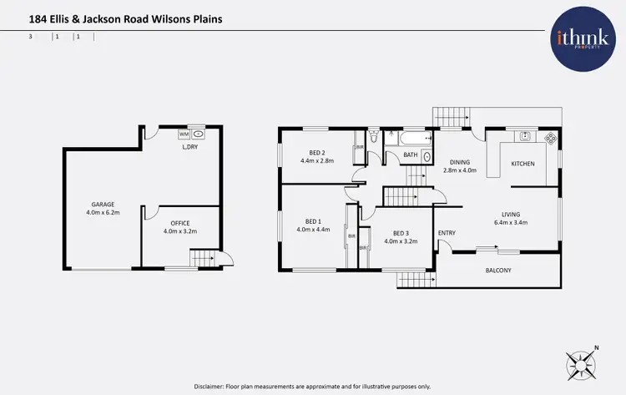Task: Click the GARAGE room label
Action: click(x=103, y=204)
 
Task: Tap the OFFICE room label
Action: click(x=180, y=223)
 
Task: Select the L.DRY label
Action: click(x=190, y=148)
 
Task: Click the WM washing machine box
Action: click(x=184, y=134)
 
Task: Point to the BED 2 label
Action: click(x=316, y=152)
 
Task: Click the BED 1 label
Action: click(x=313, y=221)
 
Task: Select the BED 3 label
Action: click(x=401, y=233)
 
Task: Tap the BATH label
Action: click(x=411, y=154)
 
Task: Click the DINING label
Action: click(x=460, y=162)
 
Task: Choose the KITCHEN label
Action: click(x=523, y=164)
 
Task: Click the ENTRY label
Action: click(x=447, y=233)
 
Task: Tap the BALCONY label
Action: click(x=498, y=271)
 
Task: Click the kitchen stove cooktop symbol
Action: click(x=550, y=138)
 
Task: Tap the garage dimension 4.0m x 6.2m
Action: click(x=103, y=212)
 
